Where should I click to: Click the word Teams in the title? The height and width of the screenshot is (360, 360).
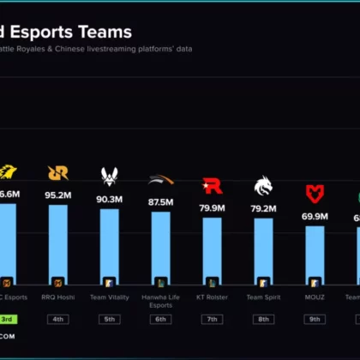coord(106,33)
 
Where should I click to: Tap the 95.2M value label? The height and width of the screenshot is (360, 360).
coord(58,195)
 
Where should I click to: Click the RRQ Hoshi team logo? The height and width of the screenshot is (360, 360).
coord(58,172)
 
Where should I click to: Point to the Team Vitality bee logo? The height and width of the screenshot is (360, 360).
coord(110,176)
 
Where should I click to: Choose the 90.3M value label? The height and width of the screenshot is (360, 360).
coord(110,200)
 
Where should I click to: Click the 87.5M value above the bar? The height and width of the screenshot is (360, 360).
coord(160,202)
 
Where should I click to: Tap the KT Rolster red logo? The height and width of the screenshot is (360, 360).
coord(212,185)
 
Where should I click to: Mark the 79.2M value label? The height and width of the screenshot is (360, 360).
coord(263,208)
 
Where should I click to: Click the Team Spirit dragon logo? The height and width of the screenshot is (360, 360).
coord(263,185)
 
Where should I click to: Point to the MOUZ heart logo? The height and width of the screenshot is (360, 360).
coord(315,194)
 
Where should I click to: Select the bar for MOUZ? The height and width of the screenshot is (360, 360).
coord(315,257)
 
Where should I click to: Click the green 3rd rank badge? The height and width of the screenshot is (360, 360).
coord(7,320)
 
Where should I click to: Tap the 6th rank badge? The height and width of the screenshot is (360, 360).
coord(160,320)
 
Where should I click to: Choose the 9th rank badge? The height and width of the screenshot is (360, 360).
coord(315,320)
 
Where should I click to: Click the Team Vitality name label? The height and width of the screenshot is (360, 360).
coord(110,297)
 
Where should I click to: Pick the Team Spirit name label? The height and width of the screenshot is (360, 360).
coord(263,297)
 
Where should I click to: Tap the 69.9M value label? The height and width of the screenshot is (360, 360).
coord(315,217)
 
